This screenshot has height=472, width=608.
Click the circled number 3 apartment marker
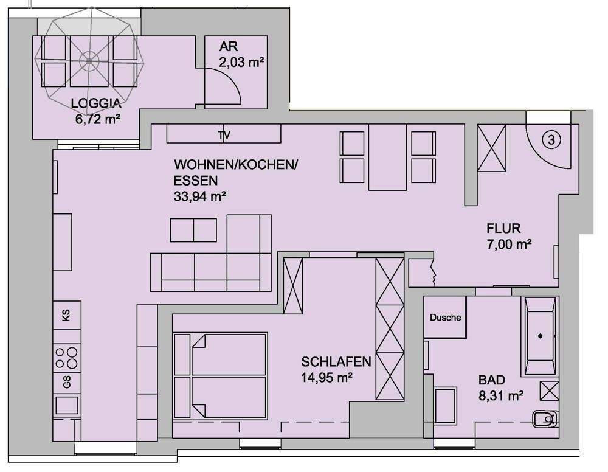pyautogui.click(x=551, y=140)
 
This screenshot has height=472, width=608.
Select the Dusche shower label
pyautogui.click(x=445, y=318)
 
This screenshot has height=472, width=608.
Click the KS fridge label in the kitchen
pyautogui.click(x=66, y=316)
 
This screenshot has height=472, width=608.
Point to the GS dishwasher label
pyautogui.click(x=66, y=381)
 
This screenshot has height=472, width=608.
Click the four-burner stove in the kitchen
pyautogui.click(x=66, y=356)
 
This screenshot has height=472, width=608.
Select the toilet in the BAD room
pyautogui.click(x=545, y=418)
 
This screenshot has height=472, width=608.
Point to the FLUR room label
pyautogui.click(x=503, y=229)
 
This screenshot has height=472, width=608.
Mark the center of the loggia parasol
pyautogui.click(x=90, y=60)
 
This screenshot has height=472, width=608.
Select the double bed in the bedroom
pyautogui.click(x=221, y=376)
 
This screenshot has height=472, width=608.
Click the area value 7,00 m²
pyautogui.click(x=509, y=245)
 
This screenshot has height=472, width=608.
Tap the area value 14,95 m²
pyautogui.click(x=327, y=377)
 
